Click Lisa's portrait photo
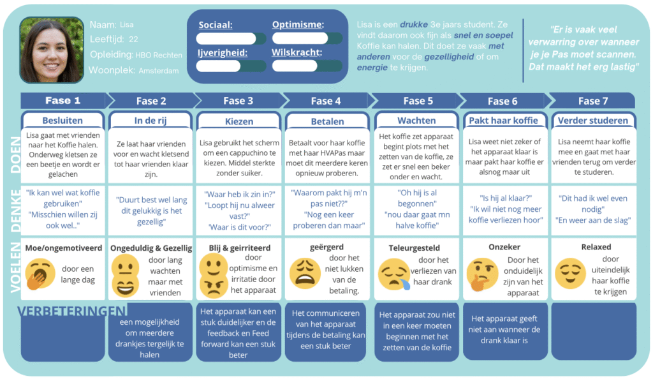(52, 50)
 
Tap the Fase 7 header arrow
(592, 101)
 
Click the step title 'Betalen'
(327, 122)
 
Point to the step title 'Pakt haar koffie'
(504, 121)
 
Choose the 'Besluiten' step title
(62, 121)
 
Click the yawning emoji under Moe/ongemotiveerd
(40, 274)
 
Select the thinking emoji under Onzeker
(482, 274)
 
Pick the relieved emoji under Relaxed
(570, 274)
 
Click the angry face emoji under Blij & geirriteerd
(213, 285)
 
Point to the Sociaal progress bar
(231, 39)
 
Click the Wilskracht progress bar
(307, 66)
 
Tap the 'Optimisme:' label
(298, 25)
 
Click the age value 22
(133, 40)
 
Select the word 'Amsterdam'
(159, 71)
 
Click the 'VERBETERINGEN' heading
(71, 311)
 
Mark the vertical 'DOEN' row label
(15, 154)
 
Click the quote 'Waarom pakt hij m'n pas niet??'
(328, 198)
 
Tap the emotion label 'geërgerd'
(326, 247)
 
